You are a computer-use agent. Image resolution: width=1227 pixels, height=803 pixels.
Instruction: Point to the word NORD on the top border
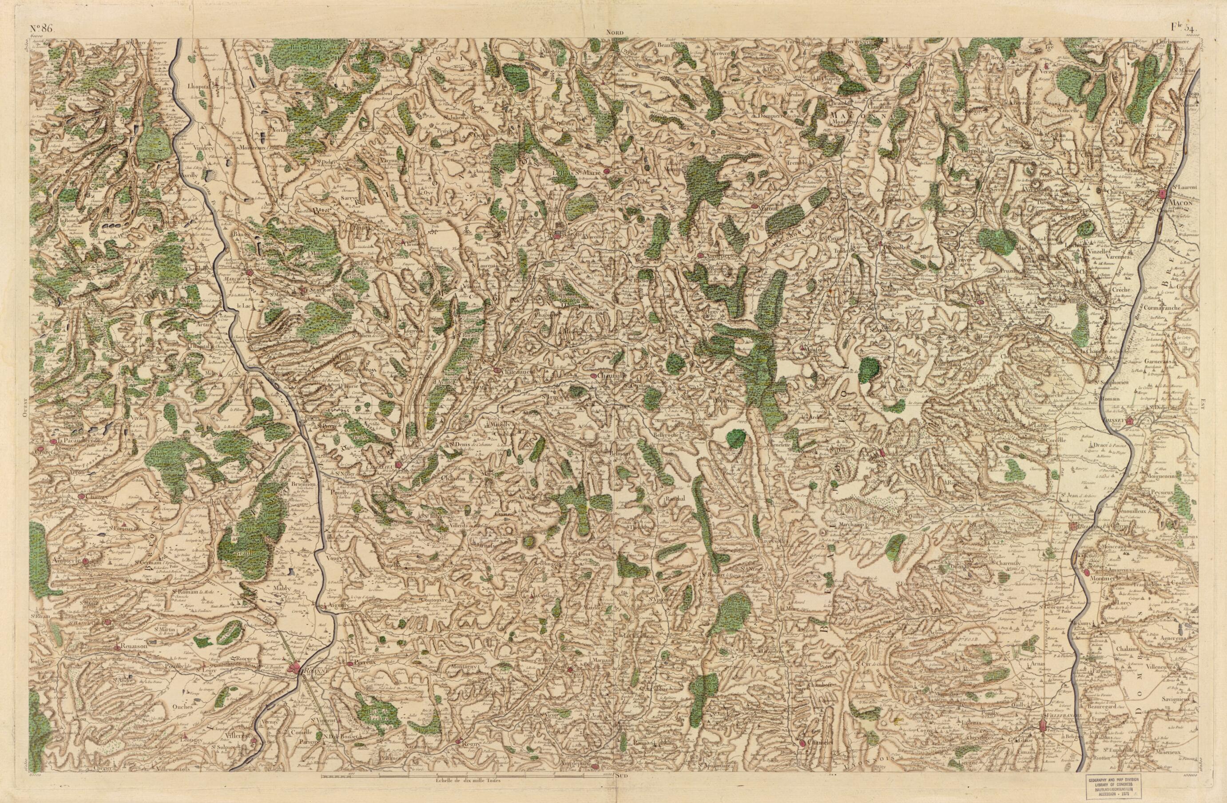point(615,32)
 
